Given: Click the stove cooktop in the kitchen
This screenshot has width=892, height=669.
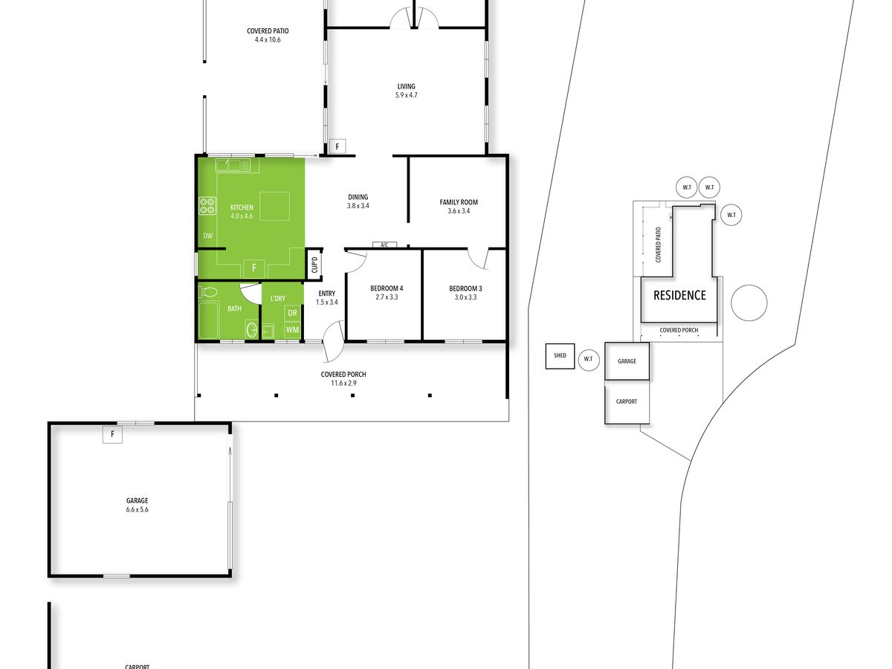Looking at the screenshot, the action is coord(207,206).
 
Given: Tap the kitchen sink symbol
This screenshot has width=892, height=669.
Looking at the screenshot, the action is coord(233,165).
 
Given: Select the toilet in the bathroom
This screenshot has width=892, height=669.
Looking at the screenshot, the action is coord(208,291).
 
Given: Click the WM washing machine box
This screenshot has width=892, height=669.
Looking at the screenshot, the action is coord(292,330).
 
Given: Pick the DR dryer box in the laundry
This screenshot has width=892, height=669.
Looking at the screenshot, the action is coord(292,313).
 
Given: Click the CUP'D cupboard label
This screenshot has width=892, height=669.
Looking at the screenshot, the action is coord(314,265).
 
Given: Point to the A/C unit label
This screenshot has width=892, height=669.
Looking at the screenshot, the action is coord(384,245).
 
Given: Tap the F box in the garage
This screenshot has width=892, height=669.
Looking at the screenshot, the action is coord(112,434).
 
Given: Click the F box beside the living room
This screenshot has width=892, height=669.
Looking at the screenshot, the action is coord(337,146).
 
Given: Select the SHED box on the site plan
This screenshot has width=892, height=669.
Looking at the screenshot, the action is coord(560,356).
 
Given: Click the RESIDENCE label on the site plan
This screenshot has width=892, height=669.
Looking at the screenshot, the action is coord(679,295).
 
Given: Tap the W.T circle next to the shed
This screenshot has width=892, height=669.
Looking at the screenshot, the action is coord(589,359).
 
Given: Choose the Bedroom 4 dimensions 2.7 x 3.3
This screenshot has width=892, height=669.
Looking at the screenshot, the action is coord(387,297).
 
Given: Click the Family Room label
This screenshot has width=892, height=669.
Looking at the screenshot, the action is coord(459,202).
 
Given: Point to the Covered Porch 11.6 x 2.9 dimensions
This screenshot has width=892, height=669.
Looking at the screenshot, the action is coord(344,383).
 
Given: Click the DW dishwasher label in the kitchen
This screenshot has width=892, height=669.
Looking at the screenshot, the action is coord(208,236).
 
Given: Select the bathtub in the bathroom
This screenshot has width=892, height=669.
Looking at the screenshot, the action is coord(208,319).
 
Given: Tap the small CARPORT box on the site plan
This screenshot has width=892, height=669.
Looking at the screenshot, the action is coord(627,402).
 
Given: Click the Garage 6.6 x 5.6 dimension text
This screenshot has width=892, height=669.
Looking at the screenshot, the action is coord(138,509).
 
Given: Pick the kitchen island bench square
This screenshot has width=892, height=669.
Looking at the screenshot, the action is coord(275,206).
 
